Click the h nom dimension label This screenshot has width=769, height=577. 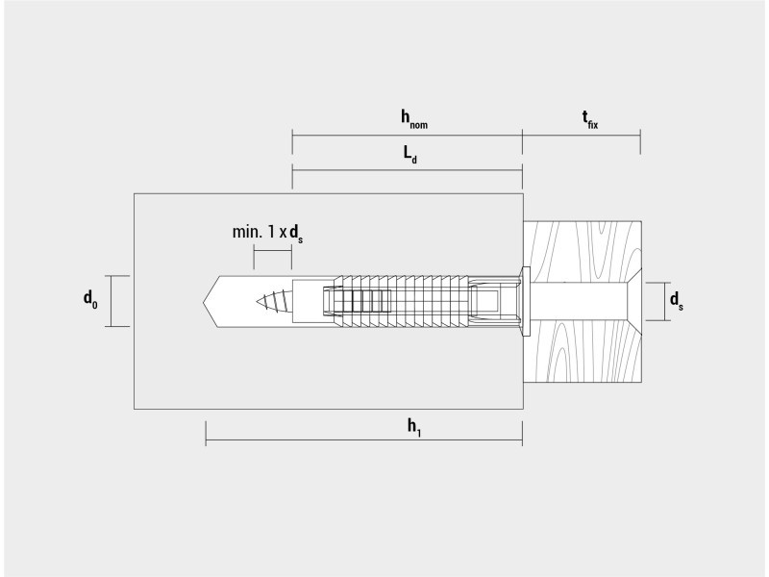[x=414, y=118]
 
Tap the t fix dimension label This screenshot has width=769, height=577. [x=590, y=119]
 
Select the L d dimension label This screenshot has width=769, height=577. [x=410, y=154]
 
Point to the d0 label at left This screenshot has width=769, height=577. [x=90, y=299]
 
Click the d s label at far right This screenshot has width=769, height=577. [x=677, y=300]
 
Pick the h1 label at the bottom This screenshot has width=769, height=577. [x=414, y=427]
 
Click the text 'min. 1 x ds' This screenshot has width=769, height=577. [x=267, y=233]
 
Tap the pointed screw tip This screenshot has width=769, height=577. [x=257, y=301]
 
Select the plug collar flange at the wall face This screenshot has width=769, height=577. [x=526, y=301]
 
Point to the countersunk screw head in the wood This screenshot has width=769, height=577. [x=634, y=301]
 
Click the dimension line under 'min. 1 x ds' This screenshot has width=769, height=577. [x=273, y=251]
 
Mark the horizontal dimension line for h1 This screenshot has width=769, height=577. [x=364, y=440]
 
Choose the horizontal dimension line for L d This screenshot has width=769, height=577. [x=407, y=170]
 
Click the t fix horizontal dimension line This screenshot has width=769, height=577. [x=582, y=135]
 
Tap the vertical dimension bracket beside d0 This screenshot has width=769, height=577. [x=111, y=301]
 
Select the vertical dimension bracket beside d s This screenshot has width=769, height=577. [x=665, y=301]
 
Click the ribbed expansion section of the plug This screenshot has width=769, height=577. [x=401, y=301]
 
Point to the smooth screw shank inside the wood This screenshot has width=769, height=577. [x=579, y=301]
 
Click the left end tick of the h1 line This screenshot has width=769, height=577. [x=206, y=434]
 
